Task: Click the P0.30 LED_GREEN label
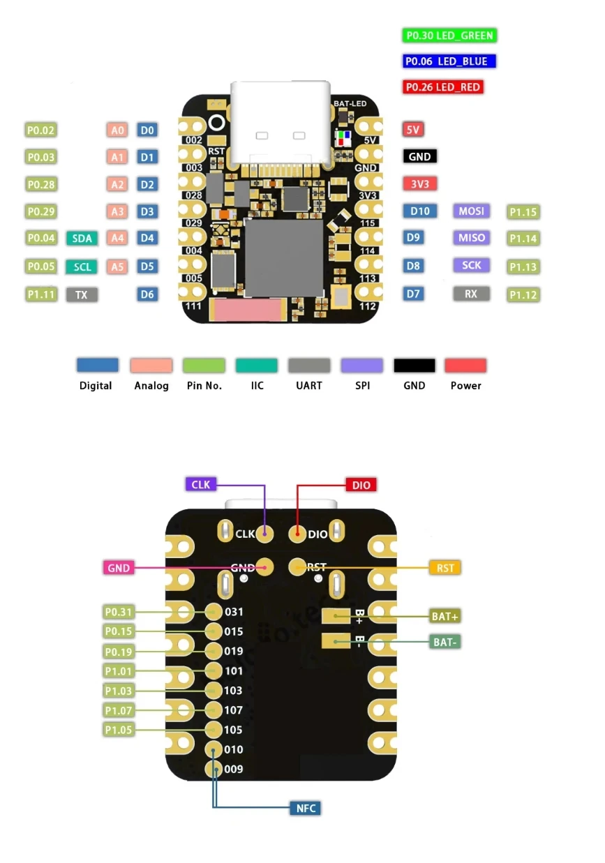(450, 36)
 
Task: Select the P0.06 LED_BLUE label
(449, 61)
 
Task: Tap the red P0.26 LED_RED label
(443, 87)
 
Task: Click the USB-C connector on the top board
(281, 126)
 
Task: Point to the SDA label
(82, 239)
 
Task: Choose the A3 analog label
(117, 211)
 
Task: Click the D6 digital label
(147, 294)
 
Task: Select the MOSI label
(471, 211)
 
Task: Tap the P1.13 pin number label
(523, 267)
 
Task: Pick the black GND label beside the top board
(419, 156)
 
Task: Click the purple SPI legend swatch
(361, 366)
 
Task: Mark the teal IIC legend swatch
(257, 366)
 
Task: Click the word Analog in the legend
(151, 386)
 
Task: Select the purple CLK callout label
(201, 484)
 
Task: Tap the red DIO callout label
(361, 485)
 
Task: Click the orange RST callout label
(445, 568)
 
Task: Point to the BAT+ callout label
(445, 617)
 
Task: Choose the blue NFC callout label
(306, 809)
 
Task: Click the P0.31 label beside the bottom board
(118, 613)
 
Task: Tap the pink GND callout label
(119, 568)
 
